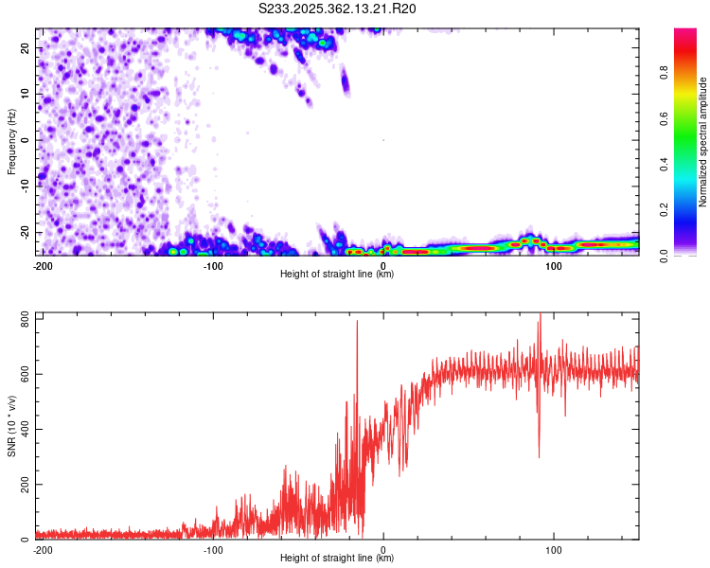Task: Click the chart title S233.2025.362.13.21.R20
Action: [x=337, y=9]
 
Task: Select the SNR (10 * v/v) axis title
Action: [x=11, y=428]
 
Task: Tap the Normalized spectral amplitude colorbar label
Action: [x=703, y=142]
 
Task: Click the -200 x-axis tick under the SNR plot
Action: [x=42, y=549]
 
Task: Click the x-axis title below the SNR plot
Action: [x=338, y=559]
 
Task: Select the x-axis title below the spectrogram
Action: [x=338, y=275]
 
